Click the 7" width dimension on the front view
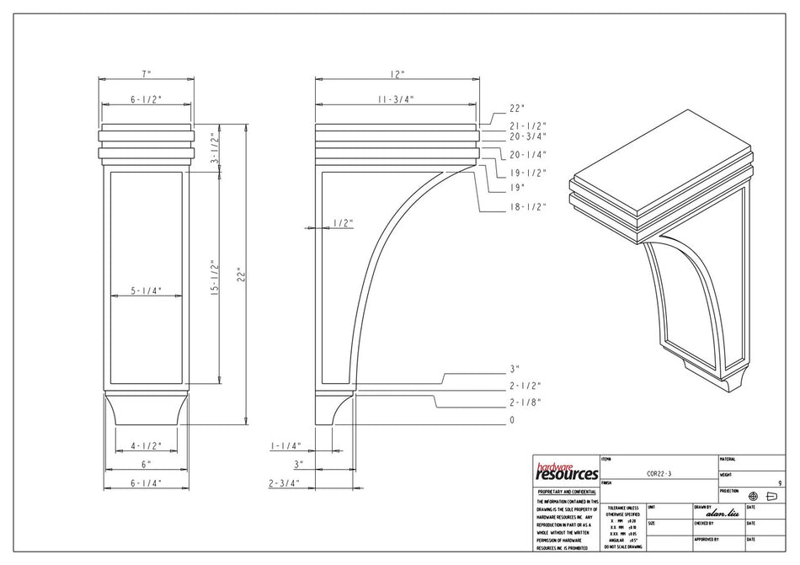[x=146, y=73]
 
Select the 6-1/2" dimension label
[x=146, y=99]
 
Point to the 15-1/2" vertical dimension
[x=214, y=279]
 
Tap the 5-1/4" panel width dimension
[x=146, y=291]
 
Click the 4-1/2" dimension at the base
[x=146, y=445]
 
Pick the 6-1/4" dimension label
[x=146, y=483]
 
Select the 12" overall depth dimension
[x=397, y=73]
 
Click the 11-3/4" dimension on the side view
[x=396, y=99]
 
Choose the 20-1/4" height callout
[x=529, y=155]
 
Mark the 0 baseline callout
[x=511, y=419]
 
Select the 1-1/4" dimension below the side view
[x=286, y=445]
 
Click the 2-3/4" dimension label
[x=285, y=483]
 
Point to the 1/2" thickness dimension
[x=342, y=223]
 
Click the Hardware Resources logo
[x=566, y=472]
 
